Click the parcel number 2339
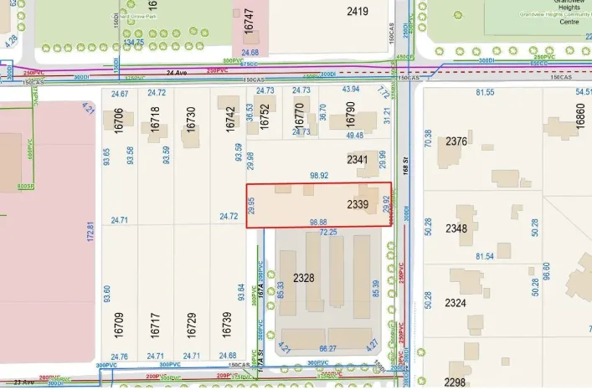tap(359, 205)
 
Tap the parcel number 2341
tap(358, 159)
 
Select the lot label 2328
tap(305, 278)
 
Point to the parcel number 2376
tap(456, 141)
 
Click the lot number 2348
tap(456, 228)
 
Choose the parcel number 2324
tap(456, 302)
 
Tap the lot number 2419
tap(358, 12)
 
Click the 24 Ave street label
tap(174, 73)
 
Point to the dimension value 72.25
tap(328, 232)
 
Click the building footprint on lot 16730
tap(191, 138)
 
